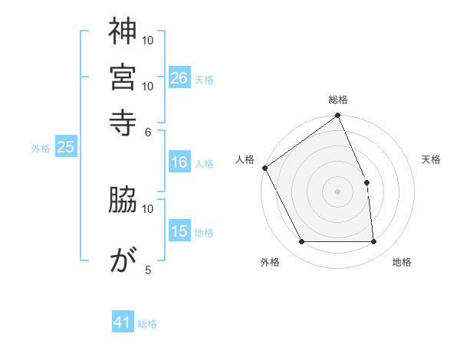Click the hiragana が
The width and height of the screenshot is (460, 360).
(123, 260)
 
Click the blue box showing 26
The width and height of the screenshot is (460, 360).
(179, 77)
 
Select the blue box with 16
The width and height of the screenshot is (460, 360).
(179, 162)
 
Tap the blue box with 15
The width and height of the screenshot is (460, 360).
(179, 231)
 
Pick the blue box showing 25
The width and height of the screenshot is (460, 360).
(65, 148)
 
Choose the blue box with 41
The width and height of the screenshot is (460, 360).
(123, 322)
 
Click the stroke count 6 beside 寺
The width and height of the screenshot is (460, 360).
(148, 131)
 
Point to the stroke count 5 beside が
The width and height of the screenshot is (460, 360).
(148, 270)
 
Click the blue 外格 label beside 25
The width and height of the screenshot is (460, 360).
(41, 149)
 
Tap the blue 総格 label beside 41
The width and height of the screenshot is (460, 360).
(147, 324)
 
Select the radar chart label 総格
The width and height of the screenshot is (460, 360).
(338, 100)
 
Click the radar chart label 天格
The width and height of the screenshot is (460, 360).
(431, 159)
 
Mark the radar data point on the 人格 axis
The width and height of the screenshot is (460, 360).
(264, 168)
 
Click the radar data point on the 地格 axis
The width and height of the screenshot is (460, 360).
(374, 242)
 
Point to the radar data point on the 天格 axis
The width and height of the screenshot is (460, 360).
(366, 182)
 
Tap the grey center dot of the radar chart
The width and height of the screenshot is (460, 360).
(338, 191)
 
